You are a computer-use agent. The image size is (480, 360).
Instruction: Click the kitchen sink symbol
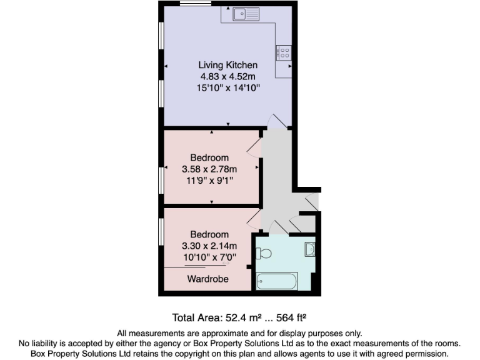click(246, 14)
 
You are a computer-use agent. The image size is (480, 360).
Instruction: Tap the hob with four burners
click(282, 52)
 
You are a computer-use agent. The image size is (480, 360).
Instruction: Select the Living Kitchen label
click(227, 65)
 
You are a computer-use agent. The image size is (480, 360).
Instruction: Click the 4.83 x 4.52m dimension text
click(227, 77)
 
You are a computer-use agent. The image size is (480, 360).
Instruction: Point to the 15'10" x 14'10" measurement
click(227, 89)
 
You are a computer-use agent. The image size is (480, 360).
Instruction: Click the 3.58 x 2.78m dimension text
click(209, 169)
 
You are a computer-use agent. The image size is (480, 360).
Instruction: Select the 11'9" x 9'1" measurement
click(209, 181)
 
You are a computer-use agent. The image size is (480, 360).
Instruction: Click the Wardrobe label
click(207, 279)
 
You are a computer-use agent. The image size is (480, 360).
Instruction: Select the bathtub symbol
click(277, 281)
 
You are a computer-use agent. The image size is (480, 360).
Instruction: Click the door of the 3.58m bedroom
click(254, 147)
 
